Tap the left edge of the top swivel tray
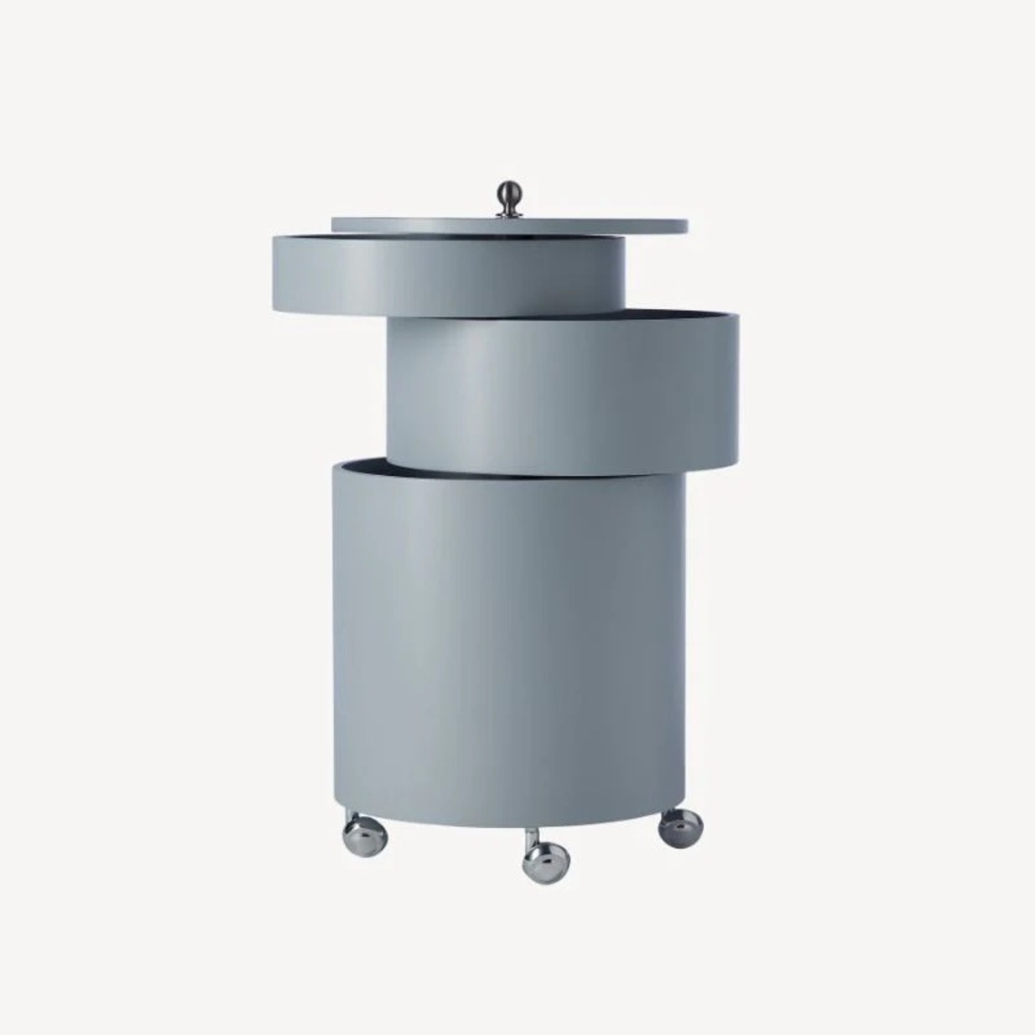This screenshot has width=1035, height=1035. tap(274, 273)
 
